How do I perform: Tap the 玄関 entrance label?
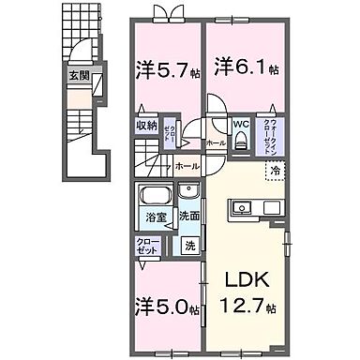pos(76,78)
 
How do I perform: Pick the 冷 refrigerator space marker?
pos(276,171)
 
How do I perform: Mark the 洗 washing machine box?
pos(188,247)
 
